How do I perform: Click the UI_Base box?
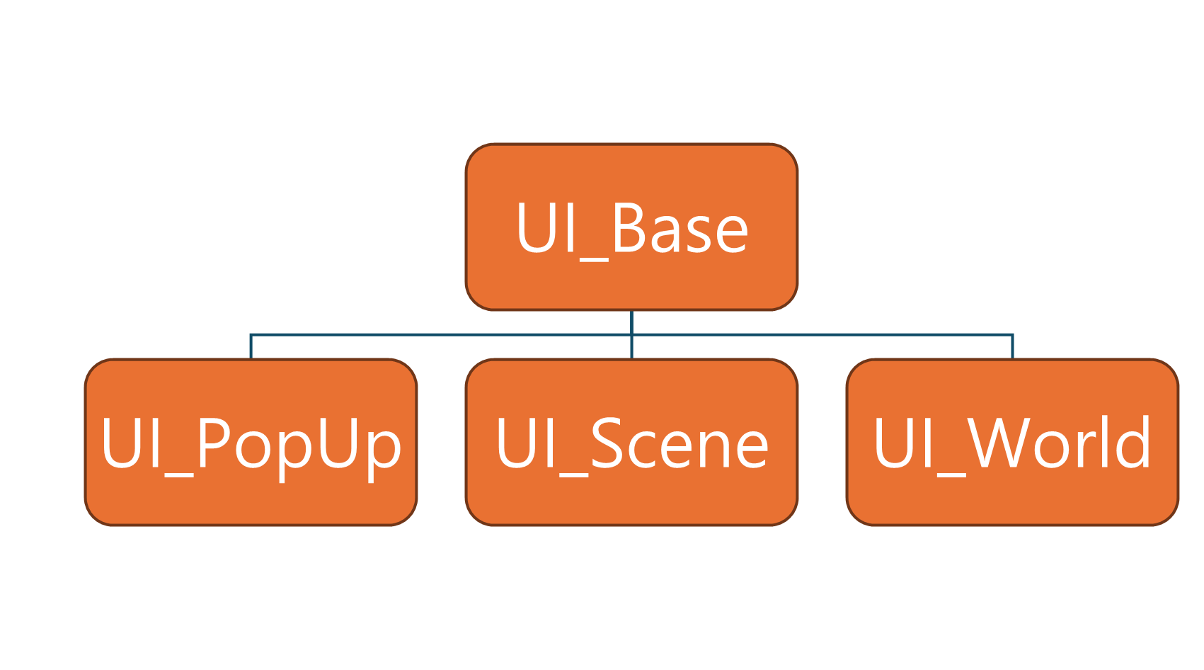pyautogui.click(x=631, y=227)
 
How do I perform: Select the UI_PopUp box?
pyautogui.click(x=251, y=442)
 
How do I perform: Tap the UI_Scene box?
pyautogui.click(x=631, y=442)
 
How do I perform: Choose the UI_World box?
pyautogui.click(x=1013, y=442)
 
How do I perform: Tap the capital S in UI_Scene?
pyautogui.click(x=607, y=443)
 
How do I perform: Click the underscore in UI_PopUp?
pyautogui.click(x=178, y=475)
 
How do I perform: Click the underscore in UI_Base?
pyautogui.click(x=594, y=260)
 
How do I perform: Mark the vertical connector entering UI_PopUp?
pyautogui.click(x=251, y=347)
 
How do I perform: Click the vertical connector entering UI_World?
pyautogui.click(x=1013, y=347)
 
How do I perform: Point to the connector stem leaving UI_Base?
pyautogui.click(x=631, y=323)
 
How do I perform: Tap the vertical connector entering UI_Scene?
pyautogui.click(x=631, y=347)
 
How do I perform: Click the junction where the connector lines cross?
pyautogui.click(x=631, y=335)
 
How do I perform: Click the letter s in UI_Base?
pyautogui.click(x=699, y=234)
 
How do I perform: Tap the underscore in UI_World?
pyautogui.click(x=951, y=475)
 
